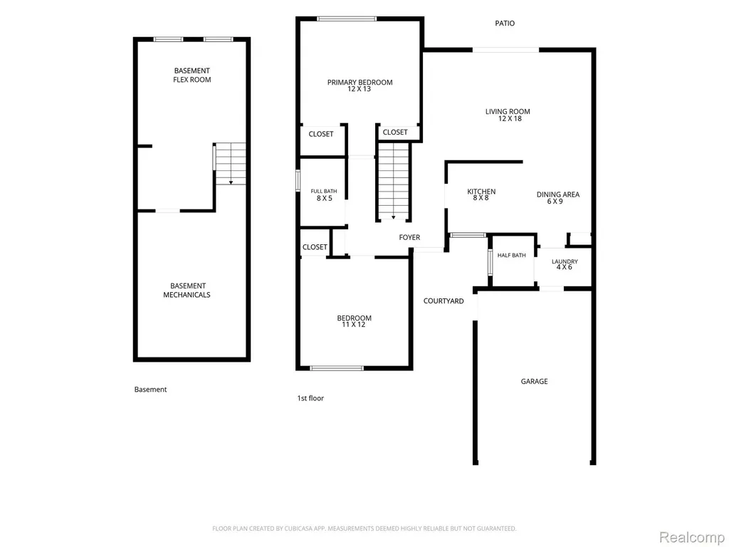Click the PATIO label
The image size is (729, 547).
pos(505,24)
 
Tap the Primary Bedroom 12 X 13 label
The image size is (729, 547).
pos(360,85)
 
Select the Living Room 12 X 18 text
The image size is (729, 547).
pos(508,115)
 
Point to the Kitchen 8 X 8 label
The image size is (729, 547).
pos(481,194)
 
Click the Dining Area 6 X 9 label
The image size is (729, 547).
pos(558,198)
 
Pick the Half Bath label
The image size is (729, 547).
pos(511,256)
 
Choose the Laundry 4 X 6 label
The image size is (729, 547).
pos(565,264)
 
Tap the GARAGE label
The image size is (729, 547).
pos(534,382)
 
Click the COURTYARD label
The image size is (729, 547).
pos(444,301)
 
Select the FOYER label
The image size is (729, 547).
pos(409,237)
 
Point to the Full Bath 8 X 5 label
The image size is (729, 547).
pos(324,195)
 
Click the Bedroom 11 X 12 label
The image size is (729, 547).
pos(355,321)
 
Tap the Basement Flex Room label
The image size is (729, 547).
pos(192,75)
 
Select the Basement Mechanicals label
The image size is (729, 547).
pos(187,291)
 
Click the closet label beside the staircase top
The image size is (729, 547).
pos(395,132)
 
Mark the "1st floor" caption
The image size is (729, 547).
pos(310,398)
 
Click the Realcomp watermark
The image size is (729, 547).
pos(692,537)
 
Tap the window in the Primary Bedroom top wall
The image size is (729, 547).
pos(347,19)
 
